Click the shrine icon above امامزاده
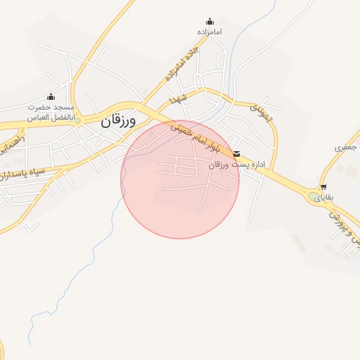pyautogui.click(x=209, y=22)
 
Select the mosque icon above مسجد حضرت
pyautogui.click(x=51, y=97)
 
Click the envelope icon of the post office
pyautogui.click(x=236, y=153)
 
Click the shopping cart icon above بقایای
pyautogui.click(x=323, y=187)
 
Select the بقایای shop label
pyautogui.click(x=323, y=198)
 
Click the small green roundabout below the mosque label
pyautogui.click(x=79, y=121)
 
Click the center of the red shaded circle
pyautogui.click(x=180, y=180)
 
